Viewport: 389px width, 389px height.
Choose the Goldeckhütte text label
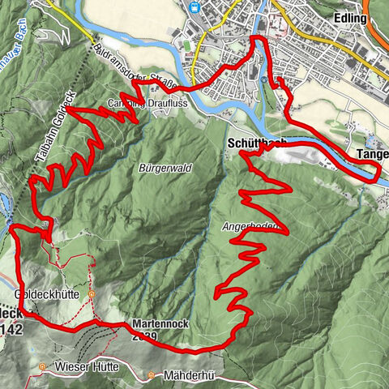pos(46,295)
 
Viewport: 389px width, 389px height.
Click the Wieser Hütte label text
pos(87,367)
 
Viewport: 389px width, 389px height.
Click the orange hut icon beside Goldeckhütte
pos(92,295)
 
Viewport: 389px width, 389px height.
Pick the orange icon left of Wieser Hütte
pos(42,367)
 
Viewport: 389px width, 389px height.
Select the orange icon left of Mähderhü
pos(152,375)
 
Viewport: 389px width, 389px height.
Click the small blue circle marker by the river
pos(265,80)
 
